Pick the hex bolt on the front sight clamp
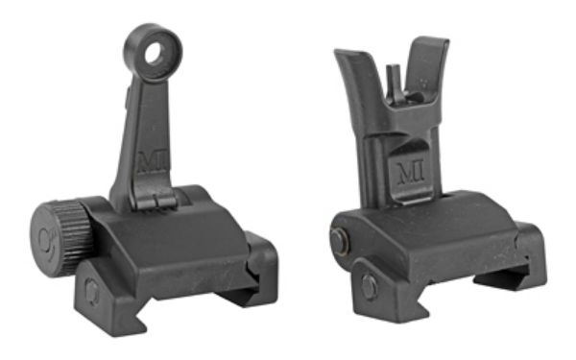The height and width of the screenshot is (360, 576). (370, 285)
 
